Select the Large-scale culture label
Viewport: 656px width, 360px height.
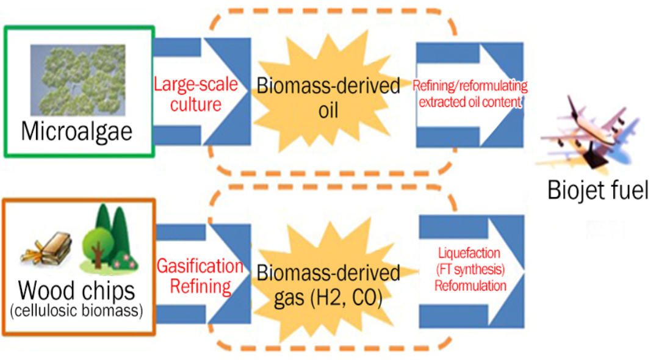(195, 93)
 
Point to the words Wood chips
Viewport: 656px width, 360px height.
(77, 292)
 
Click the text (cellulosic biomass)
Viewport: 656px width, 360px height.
(77, 311)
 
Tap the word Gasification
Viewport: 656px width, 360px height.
(200, 266)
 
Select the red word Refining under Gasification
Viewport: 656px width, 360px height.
(200, 286)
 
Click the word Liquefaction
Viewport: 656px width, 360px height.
(470, 253)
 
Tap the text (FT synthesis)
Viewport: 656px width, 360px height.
(470, 269)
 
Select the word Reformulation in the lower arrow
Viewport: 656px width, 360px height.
(470, 286)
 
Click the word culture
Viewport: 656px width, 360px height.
(196, 104)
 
